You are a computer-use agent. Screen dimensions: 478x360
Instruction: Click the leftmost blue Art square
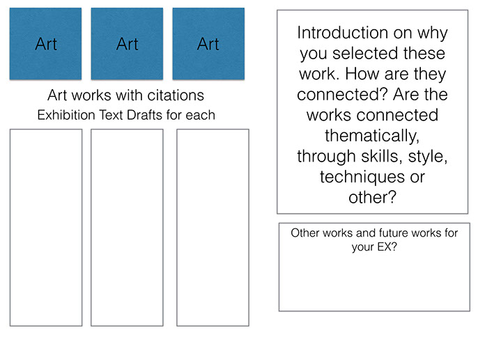tap(45, 44)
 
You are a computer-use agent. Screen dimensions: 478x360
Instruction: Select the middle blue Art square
tap(127, 44)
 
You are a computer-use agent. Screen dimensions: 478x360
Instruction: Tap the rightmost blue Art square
tap(208, 44)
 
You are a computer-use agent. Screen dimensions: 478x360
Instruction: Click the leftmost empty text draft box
tap(46, 228)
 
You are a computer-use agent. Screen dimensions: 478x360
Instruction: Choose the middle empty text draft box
tap(127, 228)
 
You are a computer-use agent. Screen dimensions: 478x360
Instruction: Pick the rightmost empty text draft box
tap(213, 228)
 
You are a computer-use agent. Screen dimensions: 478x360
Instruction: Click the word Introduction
tap(343, 33)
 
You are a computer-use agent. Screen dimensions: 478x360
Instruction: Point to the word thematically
tap(372, 136)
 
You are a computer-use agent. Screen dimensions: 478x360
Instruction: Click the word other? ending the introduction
tap(372, 197)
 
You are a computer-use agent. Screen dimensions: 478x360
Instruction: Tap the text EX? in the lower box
tap(387, 246)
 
